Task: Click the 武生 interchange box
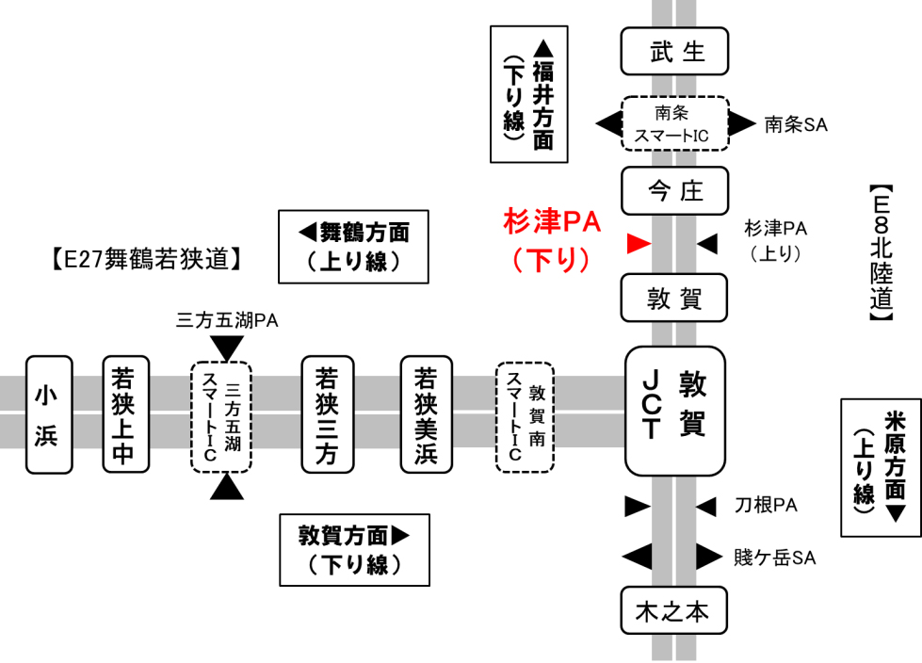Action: click(674, 51)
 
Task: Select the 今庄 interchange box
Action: click(674, 191)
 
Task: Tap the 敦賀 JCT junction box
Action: click(674, 410)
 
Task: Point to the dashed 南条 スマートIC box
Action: click(674, 123)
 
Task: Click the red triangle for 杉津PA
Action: click(639, 245)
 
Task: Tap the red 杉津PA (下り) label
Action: click(551, 239)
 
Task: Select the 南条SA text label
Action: click(795, 123)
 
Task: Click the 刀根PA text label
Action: click(766, 507)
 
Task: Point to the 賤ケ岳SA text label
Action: click(774, 558)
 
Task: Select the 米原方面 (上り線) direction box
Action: click(879, 467)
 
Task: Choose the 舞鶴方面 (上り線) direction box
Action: click(353, 246)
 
